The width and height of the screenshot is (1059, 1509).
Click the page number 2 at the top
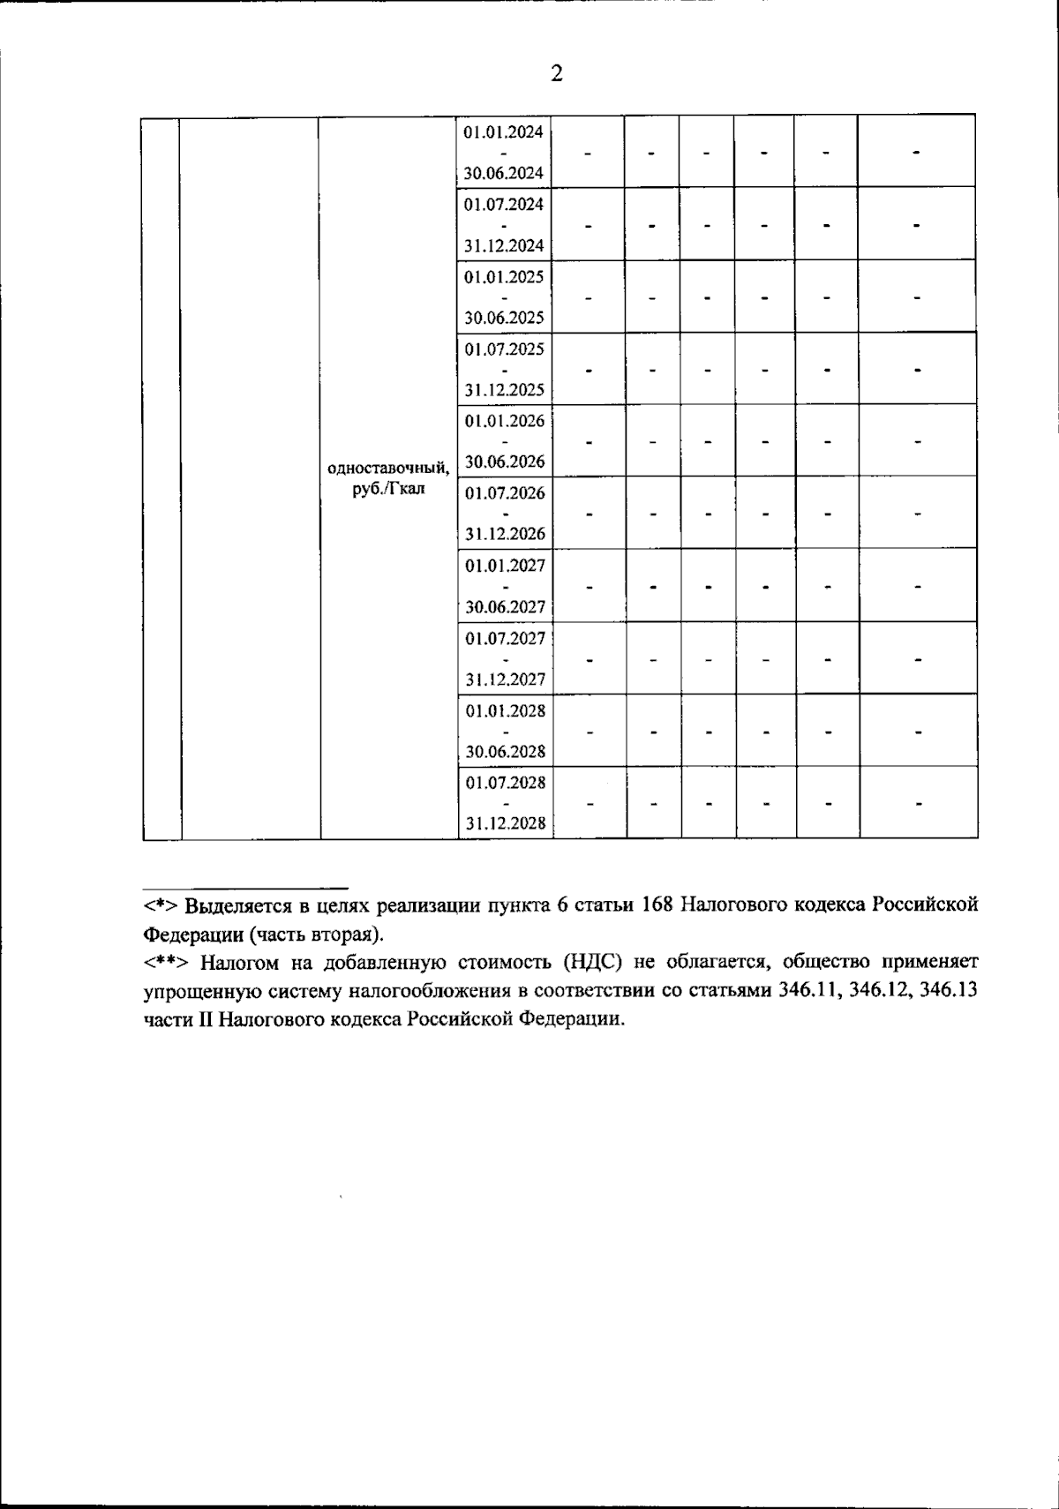556,73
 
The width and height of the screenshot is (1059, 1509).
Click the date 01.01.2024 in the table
504,132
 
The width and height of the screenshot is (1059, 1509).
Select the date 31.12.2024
504,245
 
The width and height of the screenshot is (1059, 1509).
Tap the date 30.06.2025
504,318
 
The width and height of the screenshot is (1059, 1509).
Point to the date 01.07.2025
504,349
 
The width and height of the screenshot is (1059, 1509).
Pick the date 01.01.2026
504,421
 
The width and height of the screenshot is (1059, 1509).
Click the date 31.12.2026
504,534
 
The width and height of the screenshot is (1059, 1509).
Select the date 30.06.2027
504,607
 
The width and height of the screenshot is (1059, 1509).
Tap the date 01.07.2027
504,637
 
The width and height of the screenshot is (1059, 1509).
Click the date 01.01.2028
504,710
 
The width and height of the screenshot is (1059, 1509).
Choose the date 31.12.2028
504,824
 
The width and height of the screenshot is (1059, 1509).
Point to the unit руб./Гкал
388,490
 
